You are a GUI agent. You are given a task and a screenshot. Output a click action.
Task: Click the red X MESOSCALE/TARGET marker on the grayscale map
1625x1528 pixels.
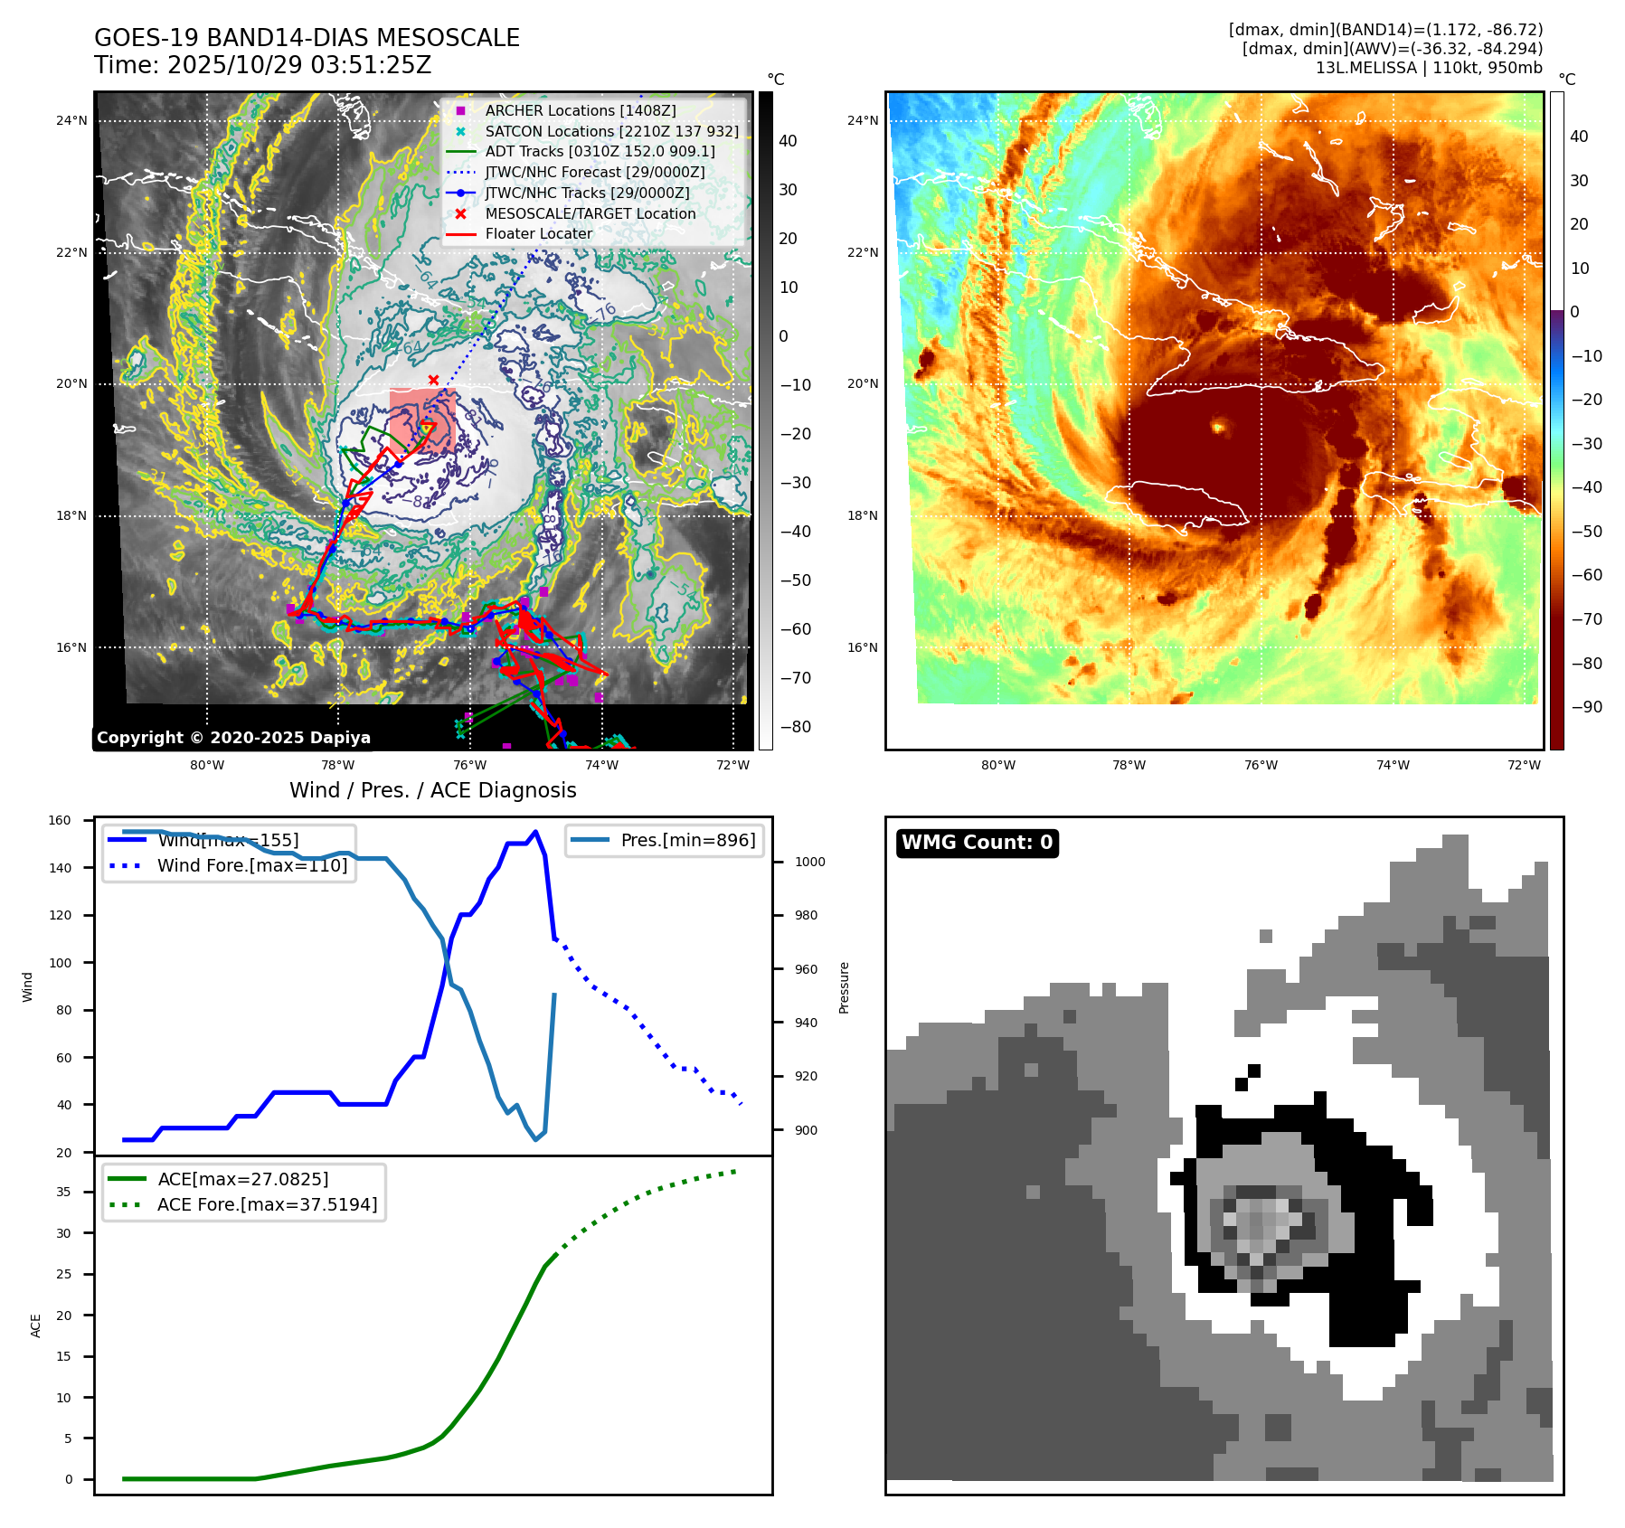(x=434, y=380)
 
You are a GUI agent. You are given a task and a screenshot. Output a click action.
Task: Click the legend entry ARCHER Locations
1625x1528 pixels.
(x=580, y=110)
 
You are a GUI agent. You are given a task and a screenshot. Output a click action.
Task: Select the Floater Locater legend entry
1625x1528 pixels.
(x=538, y=233)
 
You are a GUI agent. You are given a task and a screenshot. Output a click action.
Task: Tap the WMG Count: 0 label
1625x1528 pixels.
(x=977, y=843)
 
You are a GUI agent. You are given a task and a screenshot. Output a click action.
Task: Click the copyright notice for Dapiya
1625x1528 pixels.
(x=233, y=738)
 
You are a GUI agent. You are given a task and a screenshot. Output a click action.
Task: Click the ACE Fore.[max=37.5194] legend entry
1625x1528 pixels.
(x=267, y=1204)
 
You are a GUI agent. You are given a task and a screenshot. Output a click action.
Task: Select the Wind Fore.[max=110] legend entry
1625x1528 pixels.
(x=251, y=865)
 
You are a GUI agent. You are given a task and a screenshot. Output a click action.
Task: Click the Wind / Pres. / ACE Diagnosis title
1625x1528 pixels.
(x=432, y=790)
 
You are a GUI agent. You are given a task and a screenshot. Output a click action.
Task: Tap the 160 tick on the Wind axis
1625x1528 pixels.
(x=60, y=821)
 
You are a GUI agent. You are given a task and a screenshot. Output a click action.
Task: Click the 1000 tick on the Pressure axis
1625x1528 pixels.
(x=809, y=862)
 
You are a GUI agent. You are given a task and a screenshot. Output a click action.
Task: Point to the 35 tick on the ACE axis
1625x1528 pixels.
(x=63, y=1192)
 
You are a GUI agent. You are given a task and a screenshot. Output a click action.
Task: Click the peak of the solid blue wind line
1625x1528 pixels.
(x=535, y=832)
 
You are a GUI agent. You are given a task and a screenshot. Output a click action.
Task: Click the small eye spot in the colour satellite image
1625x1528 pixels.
(x=1218, y=426)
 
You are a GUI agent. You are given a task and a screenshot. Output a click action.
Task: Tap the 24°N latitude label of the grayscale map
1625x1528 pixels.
(x=71, y=120)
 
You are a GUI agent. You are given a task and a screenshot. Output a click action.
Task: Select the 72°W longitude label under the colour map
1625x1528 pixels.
(x=1524, y=765)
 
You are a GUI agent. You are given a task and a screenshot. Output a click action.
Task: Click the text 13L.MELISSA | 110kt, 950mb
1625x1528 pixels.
(x=1429, y=68)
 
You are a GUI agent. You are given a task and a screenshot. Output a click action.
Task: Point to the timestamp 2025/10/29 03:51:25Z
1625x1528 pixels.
(x=299, y=65)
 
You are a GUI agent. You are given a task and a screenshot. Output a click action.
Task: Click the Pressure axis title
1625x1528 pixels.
(x=844, y=987)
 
